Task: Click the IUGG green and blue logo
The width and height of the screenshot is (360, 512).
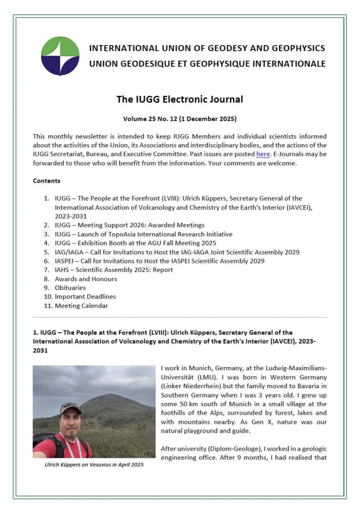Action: [60, 56]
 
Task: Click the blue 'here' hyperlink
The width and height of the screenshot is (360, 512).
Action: [263, 154]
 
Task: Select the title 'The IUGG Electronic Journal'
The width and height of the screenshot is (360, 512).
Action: [180, 99]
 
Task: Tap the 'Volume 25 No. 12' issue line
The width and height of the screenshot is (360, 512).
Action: [180, 119]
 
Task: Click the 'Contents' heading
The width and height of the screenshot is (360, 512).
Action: [46, 181]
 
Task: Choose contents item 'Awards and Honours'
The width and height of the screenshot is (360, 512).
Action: [85, 279]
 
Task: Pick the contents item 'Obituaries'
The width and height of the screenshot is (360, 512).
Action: [70, 288]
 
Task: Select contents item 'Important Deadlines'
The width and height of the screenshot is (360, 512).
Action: [85, 297]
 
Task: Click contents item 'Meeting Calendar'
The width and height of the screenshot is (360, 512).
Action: [81, 306]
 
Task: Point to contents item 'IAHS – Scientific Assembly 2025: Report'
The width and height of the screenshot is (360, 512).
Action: [114, 270]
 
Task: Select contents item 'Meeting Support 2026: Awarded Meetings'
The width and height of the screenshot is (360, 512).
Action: [130, 225]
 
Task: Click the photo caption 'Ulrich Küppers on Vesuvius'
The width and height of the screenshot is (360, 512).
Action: [94, 465]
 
